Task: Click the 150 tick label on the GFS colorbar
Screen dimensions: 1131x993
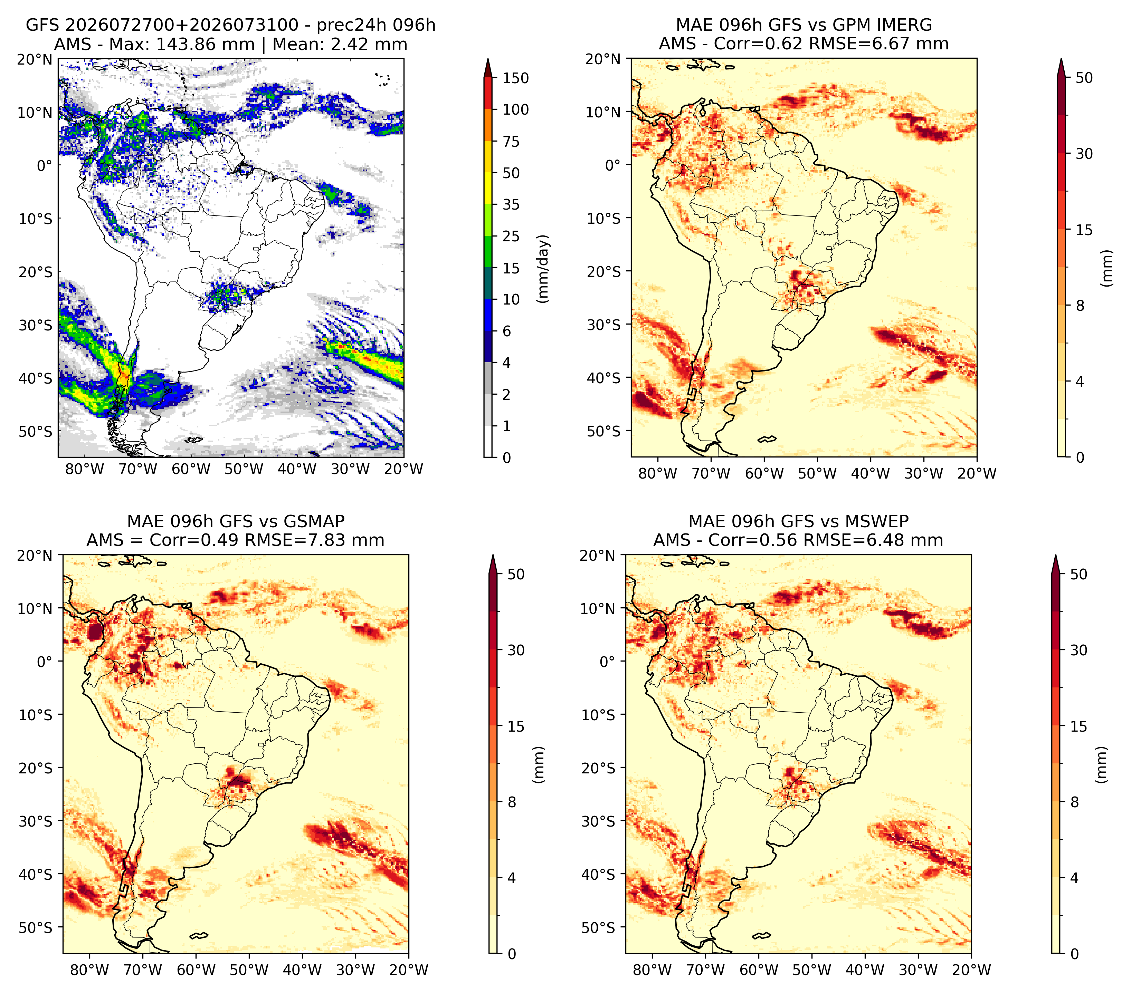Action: (x=515, y=78)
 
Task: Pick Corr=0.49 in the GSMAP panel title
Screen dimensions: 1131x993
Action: (x=194, y=540)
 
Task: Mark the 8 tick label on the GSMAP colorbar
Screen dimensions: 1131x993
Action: (x=512, y=802)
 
